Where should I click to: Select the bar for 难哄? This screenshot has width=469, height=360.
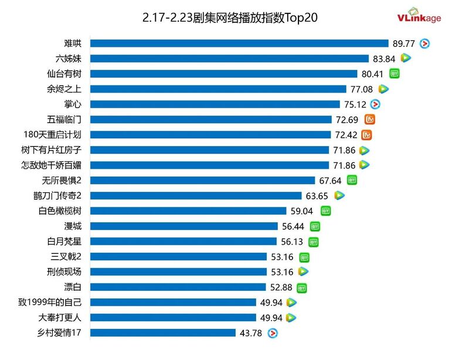239,43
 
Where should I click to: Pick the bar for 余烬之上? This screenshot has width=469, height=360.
218,89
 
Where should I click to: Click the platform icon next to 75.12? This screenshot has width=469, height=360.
376,104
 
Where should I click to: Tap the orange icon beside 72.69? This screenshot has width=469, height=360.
369,120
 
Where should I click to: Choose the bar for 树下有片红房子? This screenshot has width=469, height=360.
210,150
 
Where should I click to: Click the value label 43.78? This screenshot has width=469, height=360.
253,333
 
